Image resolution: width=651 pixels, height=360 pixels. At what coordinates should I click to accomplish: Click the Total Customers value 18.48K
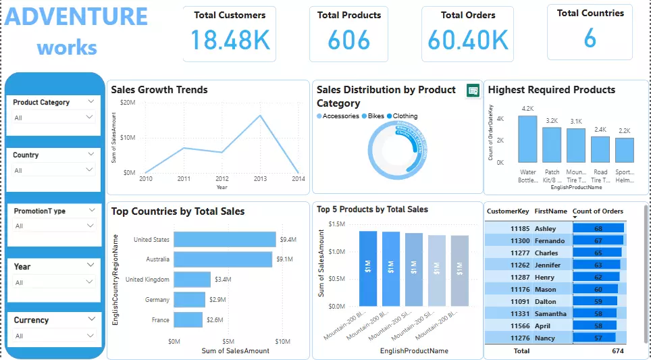[x=230, y=40]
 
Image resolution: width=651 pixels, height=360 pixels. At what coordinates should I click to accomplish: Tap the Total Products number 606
[x=348, y=41]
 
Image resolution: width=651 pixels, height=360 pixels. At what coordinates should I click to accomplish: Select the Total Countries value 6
[x=590, y=39]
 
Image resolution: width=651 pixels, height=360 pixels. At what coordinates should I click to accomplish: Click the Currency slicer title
[x=31, y=320]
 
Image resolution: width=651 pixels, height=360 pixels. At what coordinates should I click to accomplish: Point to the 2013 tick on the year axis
[x=260, y=179]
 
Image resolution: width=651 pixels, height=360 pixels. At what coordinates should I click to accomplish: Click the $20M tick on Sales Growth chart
[x=127, y=102]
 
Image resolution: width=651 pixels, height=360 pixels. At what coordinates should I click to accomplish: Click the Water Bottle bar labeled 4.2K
[x=527, y=138]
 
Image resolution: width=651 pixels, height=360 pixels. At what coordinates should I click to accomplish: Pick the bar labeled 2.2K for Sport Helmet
[x=625, y=150]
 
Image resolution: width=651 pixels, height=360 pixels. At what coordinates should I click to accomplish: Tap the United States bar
[x=224, y=239]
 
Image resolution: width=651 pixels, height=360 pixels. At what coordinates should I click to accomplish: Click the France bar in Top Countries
[x=188, y=319]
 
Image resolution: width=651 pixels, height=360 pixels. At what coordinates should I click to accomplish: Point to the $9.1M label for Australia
[x=284, y=259]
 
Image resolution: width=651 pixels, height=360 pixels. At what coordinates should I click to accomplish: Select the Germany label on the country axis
[x=157, y=299]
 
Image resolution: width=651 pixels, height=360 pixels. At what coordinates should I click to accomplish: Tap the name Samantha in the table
[x=550, y=314]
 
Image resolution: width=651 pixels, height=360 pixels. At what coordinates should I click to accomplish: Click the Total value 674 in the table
[x=617, y=351]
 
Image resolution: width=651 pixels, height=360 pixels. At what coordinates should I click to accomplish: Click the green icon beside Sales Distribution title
[x=473, y=91]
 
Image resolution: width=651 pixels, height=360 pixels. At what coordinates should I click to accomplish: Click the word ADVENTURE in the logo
[x=76, y=17]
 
